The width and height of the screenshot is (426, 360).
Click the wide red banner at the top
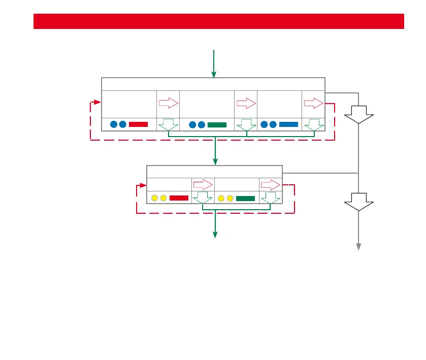click(218, 21)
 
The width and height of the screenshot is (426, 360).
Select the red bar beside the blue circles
click(138, 124)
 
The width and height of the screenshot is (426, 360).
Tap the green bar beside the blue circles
click(217, 124)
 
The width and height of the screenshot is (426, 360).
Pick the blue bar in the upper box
click(288, 124)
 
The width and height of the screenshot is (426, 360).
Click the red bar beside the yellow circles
click(179, 198)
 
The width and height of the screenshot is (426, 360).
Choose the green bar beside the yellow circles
click(245, 198)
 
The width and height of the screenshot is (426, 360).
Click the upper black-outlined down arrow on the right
click(358, 114)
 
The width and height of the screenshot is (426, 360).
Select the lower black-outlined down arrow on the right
click(358, 202)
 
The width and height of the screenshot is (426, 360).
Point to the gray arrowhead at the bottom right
click(358, 247)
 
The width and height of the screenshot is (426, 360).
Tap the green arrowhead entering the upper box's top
click(214, 74)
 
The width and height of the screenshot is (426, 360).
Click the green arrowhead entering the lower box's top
click(215, 161)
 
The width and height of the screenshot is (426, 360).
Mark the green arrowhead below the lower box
click(215, 235)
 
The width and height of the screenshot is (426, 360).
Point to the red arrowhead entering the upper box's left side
click(98, 102)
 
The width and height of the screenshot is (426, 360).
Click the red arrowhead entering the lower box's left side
click(143, 185)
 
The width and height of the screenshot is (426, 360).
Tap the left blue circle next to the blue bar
click(264, 124)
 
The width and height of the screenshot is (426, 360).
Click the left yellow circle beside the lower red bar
click(154, 198)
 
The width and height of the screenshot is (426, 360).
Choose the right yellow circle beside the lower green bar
click(230, 198)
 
